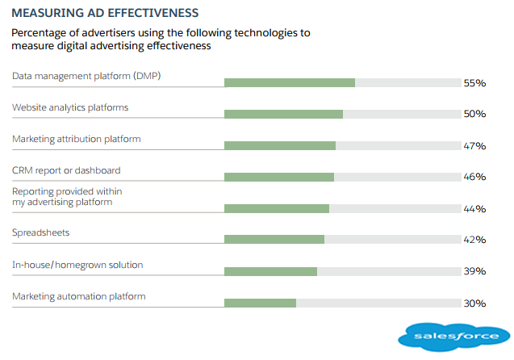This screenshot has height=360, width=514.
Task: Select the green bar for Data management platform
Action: pyautogui.click(x=289, y=82)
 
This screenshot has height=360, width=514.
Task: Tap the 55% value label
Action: pyautogui.click(x=474, y=83)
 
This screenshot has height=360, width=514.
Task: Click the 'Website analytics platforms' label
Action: pyautogui.click(x=70, y=107)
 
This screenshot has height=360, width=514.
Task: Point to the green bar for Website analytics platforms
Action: pyautogui.click(x=283, y=114)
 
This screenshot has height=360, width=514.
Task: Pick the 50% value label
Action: pyautogui.click(x=474, y=115)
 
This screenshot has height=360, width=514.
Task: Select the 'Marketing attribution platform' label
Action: pyautogui.click(x=77, y=139)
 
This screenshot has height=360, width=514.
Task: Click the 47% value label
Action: pyautogui.click(x=474, y=146)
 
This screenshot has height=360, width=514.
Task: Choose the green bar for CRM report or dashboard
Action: pyautogui.click(x=278, y=177)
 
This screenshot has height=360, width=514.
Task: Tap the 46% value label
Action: pyautogui.click(x=474, y=177)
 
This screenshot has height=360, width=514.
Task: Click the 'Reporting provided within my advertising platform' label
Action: pyautogui.click(x=67, y=196)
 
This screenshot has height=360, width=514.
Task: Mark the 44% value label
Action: pyautogui.click(x=474, y=209)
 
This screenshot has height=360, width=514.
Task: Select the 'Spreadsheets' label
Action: pyautogui.click(x=40, y=232)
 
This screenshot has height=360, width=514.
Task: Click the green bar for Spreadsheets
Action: pyautogui.click(x=274, y=239)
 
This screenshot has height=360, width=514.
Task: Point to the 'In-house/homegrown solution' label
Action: pyautogui.click(x=77, y=264)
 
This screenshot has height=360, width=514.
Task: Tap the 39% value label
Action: pyautogui.click(x=474, y=271)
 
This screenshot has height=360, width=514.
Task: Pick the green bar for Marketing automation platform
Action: pyautogui.click(x=260, y=303)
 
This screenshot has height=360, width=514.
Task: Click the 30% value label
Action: pyautogui.click(x=474, y=303)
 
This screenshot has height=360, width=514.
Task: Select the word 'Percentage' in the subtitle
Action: pyautogui.click(x=40, y=33)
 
